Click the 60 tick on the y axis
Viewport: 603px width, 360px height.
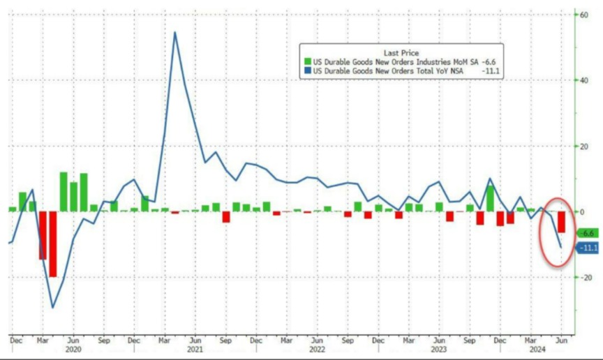pyautogui.click(x=579, y=14)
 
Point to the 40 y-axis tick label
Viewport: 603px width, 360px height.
pyautogui.click(x=579, y=80)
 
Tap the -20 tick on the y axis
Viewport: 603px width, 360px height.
pyautogui.click(x=580, y=277)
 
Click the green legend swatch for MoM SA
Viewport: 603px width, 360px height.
pyautogui.click(x=305, y=62)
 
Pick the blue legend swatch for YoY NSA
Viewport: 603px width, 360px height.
pyautogui.click(x=305, y=70)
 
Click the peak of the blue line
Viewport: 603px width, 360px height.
pyautogui.click(x=174, y=32)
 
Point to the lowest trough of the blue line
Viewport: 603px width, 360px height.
pyautogui.click(x=52, y=307)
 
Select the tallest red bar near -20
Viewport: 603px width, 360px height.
pyautogui.click(x=53, y=244)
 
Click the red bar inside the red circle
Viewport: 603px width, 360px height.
pyautogui.click(x=561, y=222)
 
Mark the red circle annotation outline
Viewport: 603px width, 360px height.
pyautogui.click(x=543, y=231)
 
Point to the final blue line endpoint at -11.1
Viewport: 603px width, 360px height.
pyautogui.click(x=561, y=247)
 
